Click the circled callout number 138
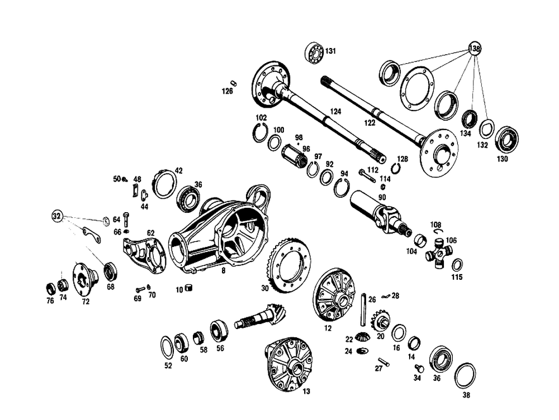pos(475,48)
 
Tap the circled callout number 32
pos(56,216)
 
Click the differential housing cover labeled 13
pos(289,362)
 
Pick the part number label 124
pos(335,112)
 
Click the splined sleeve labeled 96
pos(292,153)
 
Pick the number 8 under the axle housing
pos(224,270)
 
